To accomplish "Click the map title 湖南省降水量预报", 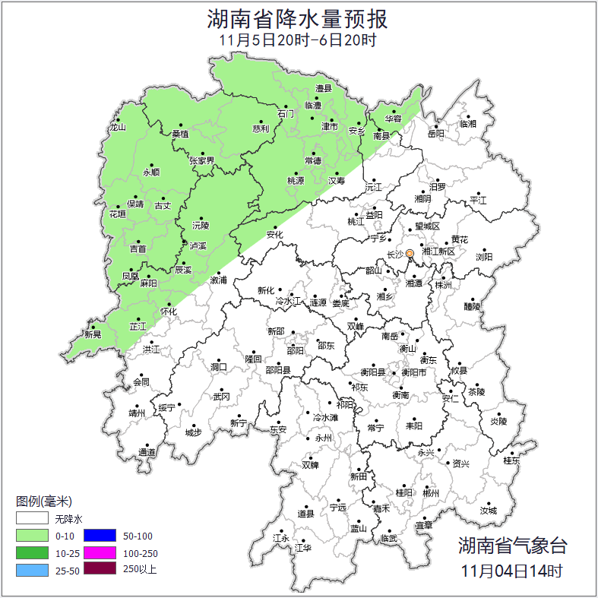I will tap(297, 17).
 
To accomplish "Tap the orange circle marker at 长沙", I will tap(410, 253).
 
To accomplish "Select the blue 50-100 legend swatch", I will tap(100, 536).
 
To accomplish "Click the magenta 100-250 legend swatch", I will tap(100, 552).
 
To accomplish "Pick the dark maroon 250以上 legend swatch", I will tap(100, 568).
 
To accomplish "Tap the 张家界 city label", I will tap(202, 161).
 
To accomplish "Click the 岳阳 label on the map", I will tap(435, 134).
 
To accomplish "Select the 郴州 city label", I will tap(431, 493).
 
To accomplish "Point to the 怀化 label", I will tap(169, 312).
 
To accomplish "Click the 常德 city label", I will tap(312, 161).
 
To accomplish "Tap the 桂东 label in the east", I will tap(512, 460).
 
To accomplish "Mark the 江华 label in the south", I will tap(303, 547).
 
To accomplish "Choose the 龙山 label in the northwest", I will tap(117, 128).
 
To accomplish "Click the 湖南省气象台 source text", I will tap(512, 545).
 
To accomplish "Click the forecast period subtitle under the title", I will tap(297, 40).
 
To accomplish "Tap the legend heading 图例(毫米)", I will tap(44, 501).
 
